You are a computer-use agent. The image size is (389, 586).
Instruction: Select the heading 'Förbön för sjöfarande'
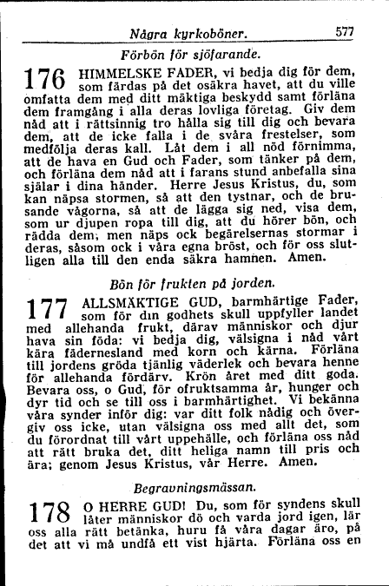[x=199, y=54]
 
